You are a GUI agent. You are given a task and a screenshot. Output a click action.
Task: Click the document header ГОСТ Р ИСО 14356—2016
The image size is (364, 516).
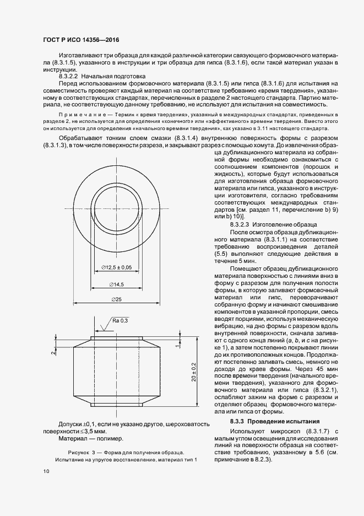pos(80,40)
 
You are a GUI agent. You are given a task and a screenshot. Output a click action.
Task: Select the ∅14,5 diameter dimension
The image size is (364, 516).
pos(116,284)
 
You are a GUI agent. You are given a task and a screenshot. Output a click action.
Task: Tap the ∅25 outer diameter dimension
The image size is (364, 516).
pos(116,299)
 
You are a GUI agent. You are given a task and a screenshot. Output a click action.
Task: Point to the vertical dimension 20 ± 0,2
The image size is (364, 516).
pos(194,373)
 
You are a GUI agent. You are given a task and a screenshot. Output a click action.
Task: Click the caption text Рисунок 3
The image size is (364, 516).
pos(77,451)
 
